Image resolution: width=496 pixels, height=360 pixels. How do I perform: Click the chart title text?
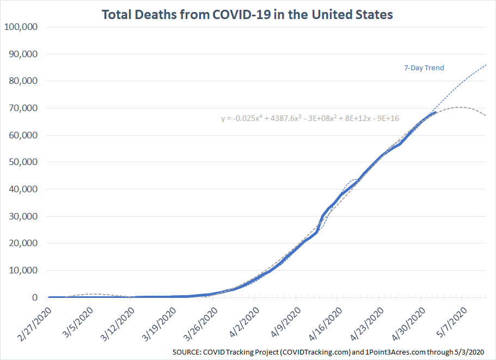(247, 14)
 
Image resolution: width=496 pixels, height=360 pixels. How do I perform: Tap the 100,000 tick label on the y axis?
(21, 27)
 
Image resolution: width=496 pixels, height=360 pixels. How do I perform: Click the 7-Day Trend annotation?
(424, 68)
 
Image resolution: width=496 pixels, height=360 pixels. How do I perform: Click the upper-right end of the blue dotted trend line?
(485, 65)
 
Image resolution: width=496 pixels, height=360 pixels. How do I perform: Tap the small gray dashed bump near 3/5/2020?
(91, 294)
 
